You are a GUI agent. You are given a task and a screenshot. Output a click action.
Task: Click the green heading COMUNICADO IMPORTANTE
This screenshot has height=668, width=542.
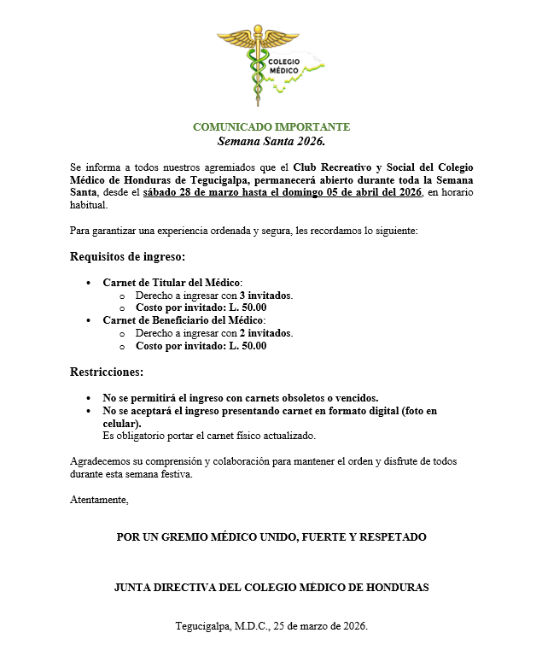click(x=271, y=127)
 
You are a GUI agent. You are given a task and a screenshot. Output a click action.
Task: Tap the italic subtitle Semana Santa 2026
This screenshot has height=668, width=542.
click(x=271, y=141)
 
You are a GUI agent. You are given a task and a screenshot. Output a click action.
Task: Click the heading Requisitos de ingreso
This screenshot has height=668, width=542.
click(x=127, y=256)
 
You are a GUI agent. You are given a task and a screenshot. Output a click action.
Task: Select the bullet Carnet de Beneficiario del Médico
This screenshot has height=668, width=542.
click(x=184, y=320)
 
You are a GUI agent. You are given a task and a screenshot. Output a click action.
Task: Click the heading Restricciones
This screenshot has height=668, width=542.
click(x=107, y=372)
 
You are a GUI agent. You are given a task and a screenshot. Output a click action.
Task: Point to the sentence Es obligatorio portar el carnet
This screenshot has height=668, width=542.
click(x=209, y=436)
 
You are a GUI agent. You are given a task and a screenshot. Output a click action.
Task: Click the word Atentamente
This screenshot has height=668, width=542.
click(x=99, y=500)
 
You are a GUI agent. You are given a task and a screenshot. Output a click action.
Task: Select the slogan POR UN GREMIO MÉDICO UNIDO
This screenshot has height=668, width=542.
click(x=271, y=537)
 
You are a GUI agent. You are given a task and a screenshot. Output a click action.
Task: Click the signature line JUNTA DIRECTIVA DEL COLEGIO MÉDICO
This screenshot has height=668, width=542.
click(x=271, y=588)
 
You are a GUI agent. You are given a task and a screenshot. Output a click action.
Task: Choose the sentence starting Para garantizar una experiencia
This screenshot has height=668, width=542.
click(x=243, y=231)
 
